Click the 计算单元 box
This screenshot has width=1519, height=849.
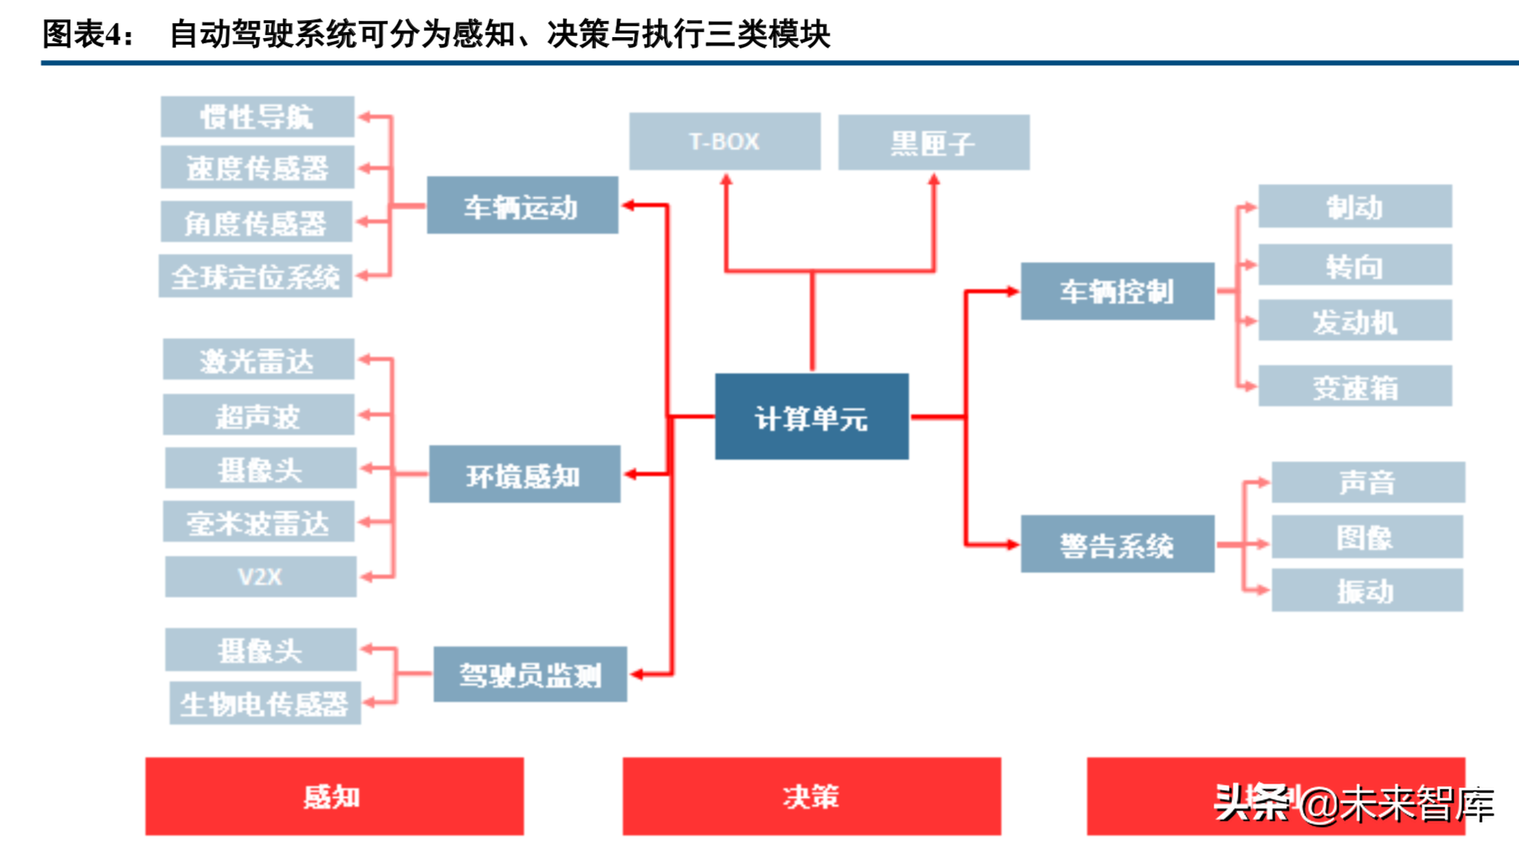point(812,416)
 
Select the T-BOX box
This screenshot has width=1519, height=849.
point(725,141)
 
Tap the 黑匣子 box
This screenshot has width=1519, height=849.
point(933,142)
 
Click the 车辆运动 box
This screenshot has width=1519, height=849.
point(522,205)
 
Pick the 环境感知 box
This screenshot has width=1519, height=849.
point(524,474)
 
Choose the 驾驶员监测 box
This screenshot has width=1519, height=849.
point(530,674)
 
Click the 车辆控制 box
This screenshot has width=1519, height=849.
point(1117,291)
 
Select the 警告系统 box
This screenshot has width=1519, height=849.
point(1117,544)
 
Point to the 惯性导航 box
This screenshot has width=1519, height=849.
point(257,117)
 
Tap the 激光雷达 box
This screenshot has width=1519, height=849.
point(258,360)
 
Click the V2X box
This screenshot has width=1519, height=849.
point(260,576)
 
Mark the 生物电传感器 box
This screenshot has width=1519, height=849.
point(265,703)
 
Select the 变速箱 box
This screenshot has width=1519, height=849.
point(1355,386)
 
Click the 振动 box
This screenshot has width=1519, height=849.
point(1367,590)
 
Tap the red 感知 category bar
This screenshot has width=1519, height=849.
point(334,796)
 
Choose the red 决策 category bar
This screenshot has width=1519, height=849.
point(812,796)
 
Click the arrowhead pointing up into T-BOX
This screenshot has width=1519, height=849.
point(726,180)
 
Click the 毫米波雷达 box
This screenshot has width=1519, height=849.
point(258,522)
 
